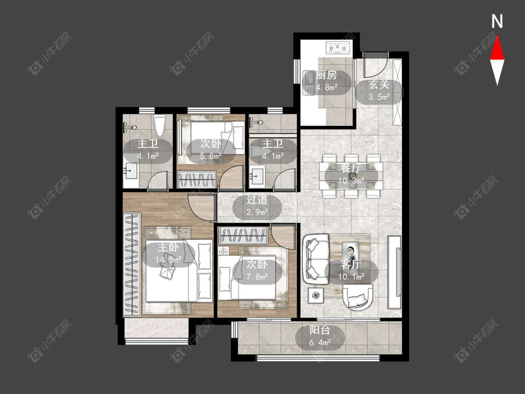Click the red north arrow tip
[497, 36]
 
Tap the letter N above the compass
[497, 21]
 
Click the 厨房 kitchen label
[327, 75]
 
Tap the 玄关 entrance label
[379, 84]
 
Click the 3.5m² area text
[379, 97]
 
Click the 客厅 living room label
[351, 264]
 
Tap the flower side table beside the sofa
[316, 295]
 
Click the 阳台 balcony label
[320, 330]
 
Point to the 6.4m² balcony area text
[320, 342]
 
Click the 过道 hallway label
[257, 200]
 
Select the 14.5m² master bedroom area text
[168, 260]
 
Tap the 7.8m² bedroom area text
[257, 277]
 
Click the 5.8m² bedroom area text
[211, 156]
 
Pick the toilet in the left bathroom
[160, 126]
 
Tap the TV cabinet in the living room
[394, 272]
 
